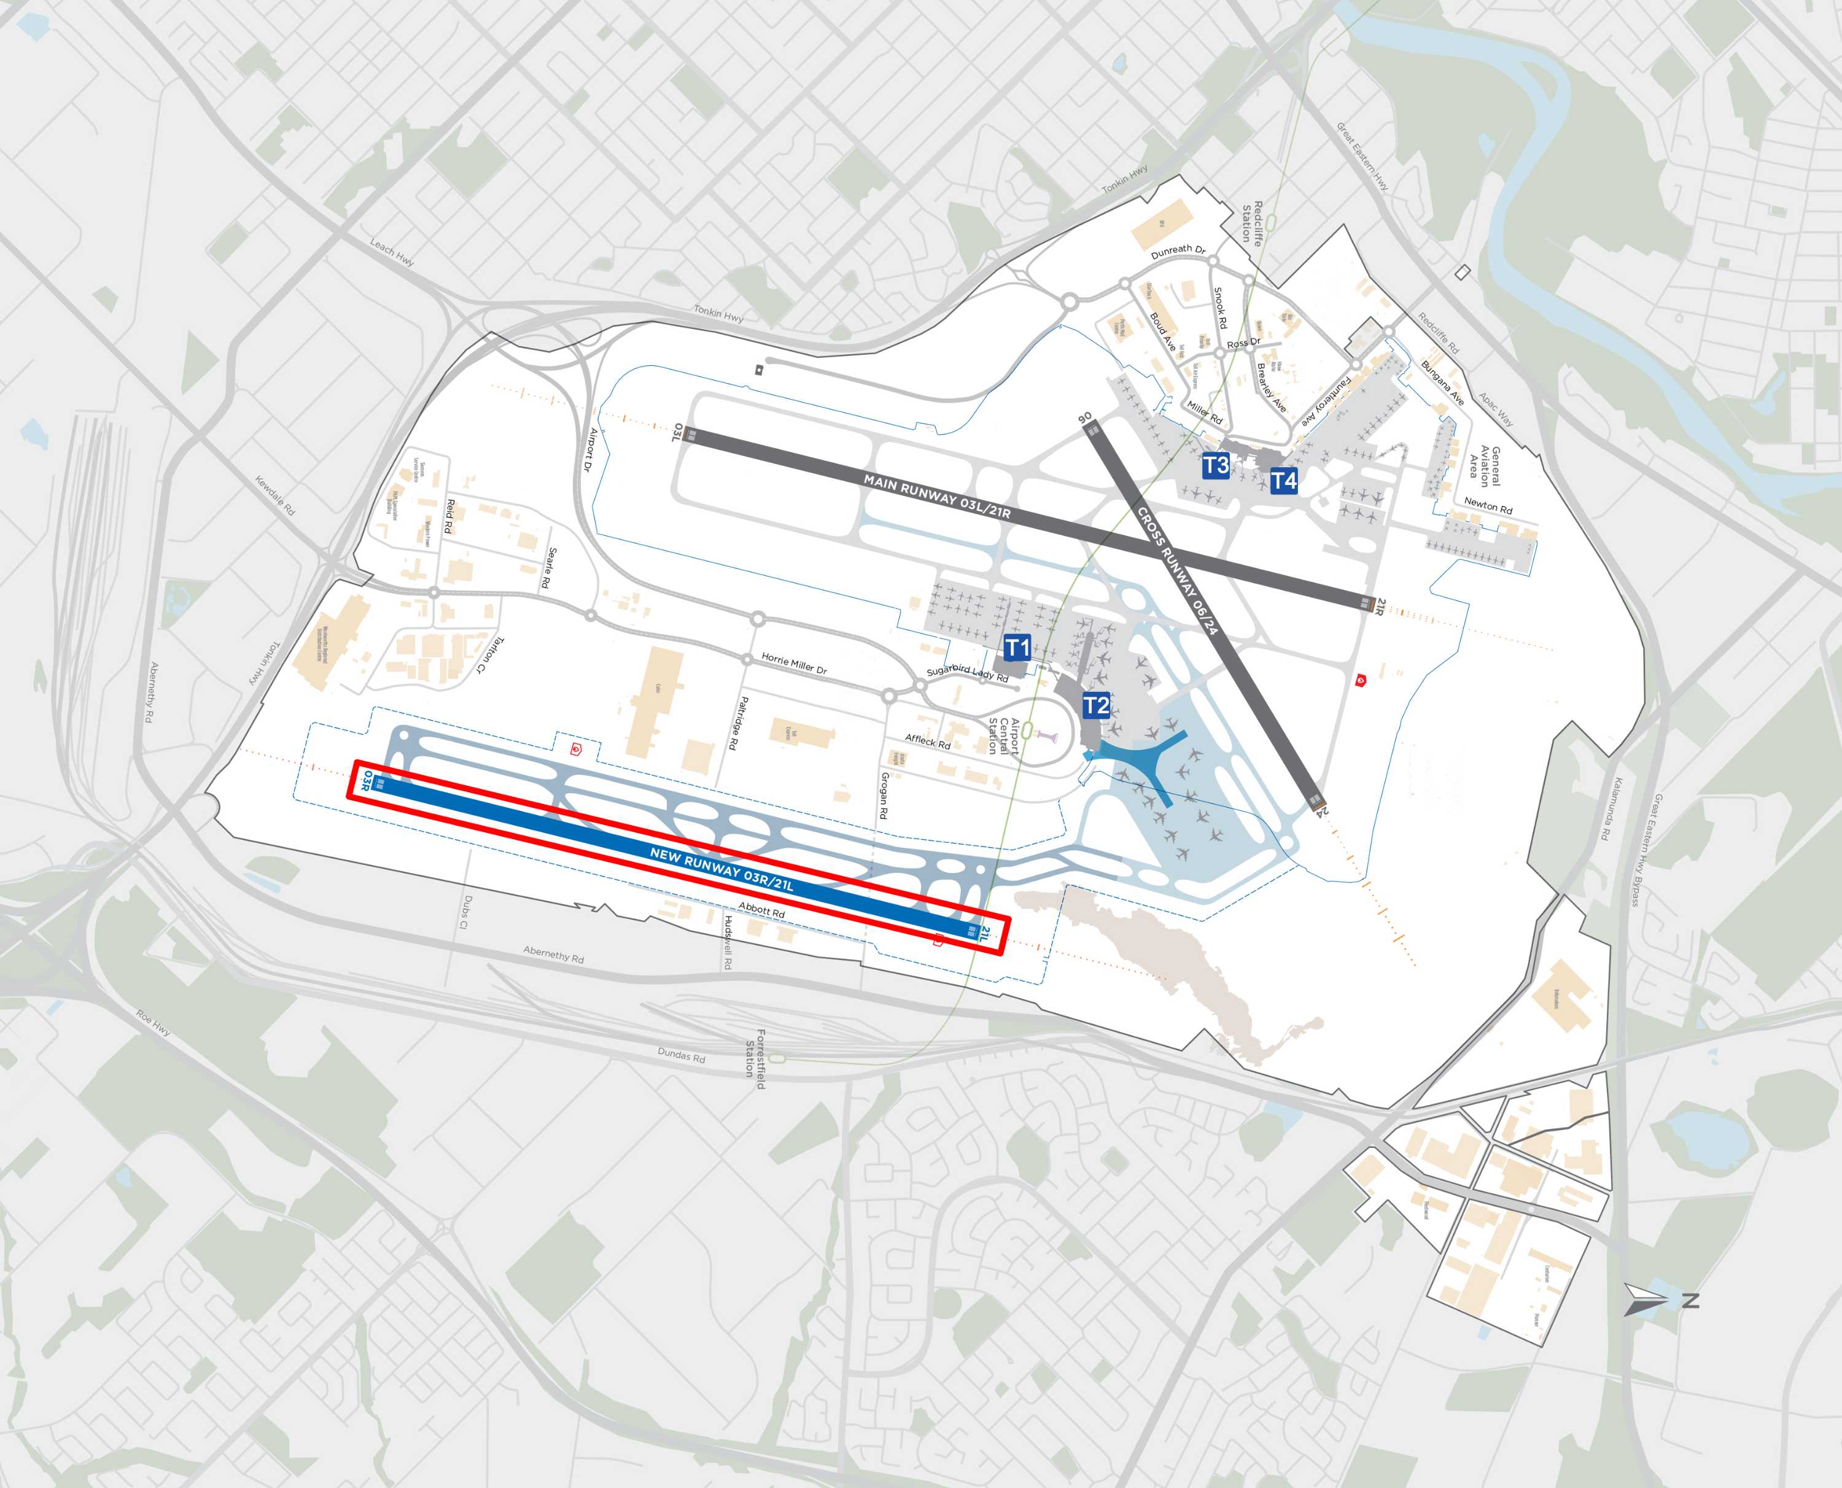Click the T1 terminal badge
(1017, 648)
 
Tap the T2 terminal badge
(1096, 705)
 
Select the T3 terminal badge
(1216, 465)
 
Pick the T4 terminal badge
(1283, 481)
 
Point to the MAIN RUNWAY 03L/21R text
(937, 496)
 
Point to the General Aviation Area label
(1485, 467)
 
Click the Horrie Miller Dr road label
(794, 662)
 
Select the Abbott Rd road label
(761, 909)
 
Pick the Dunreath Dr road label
(1178, 250)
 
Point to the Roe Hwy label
(153, 1021)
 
